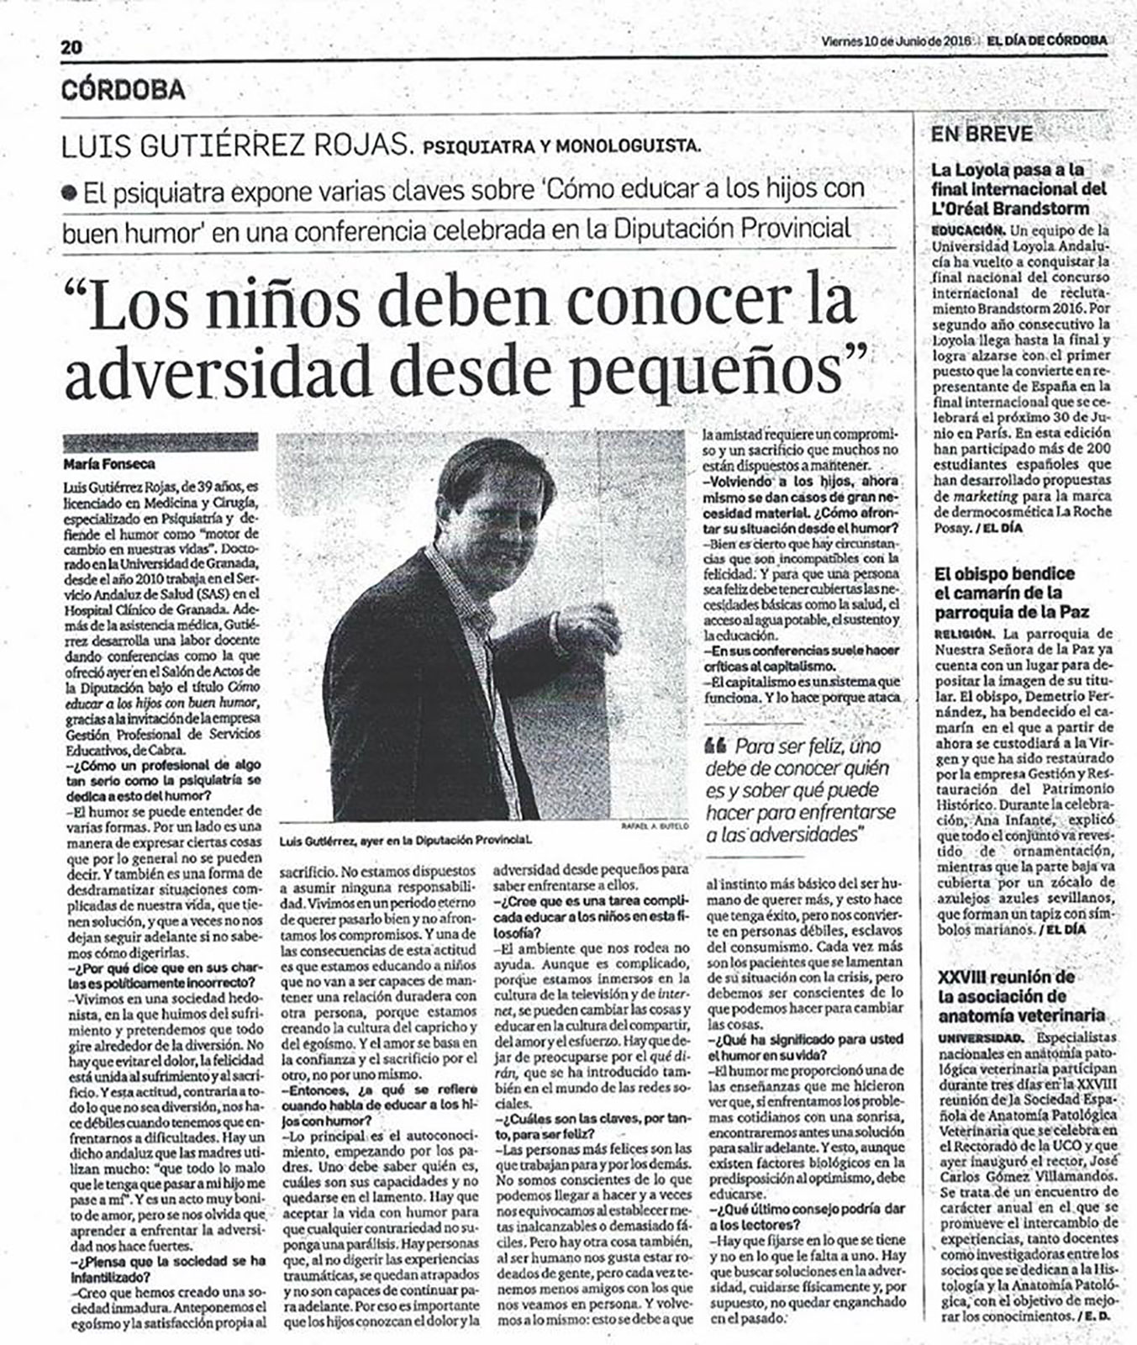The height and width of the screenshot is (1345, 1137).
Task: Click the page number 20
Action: click(71, 47)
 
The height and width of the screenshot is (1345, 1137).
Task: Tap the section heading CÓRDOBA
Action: click(124, 89)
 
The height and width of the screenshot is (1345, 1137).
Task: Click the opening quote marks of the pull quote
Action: click(717, 745)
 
